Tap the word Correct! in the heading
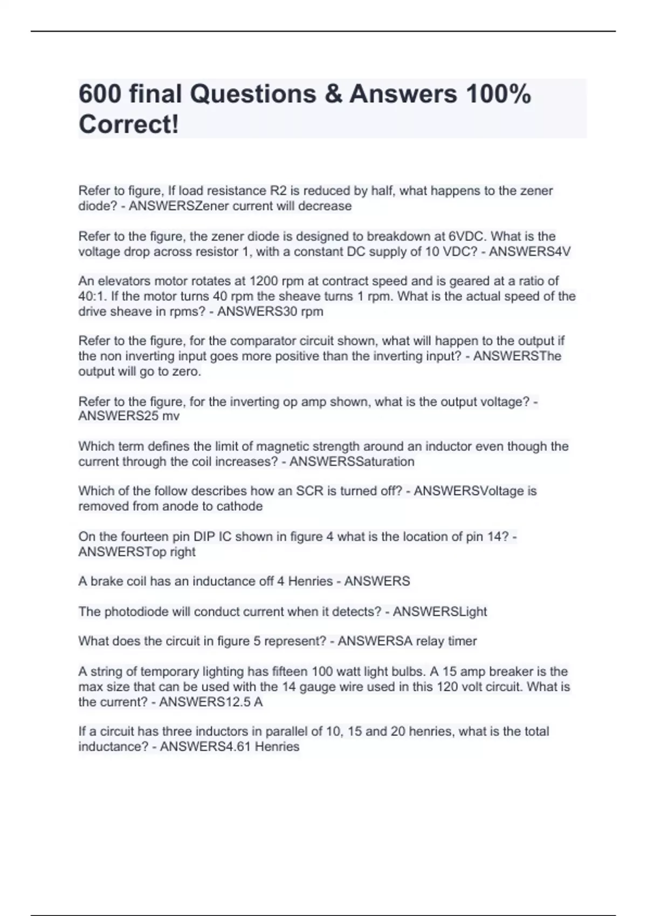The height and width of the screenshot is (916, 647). pyautogui.click(x=128, y=124)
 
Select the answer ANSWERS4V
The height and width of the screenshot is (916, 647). pyautogui.click(x=529, y=252)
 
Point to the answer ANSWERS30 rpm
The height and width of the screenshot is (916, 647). pyautogui.click(x=270, y=311)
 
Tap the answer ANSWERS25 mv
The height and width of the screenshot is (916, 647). pyautogui.click(x=129, y=416)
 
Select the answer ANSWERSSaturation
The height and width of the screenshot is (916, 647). pyautogui.click(x=352, y=462)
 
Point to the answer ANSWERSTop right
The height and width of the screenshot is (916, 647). pyautogui.click(x=137, y=552)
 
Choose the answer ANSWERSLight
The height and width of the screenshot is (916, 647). pyautogui.click(x=439, y=612)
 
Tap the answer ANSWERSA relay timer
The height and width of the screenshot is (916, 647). pyautogui.click(x=407, y=641)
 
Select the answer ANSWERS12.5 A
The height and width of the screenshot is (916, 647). pyautogui.click(x=211, y=702)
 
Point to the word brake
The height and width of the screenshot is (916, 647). pyautogui.click(x=106, y=581)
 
